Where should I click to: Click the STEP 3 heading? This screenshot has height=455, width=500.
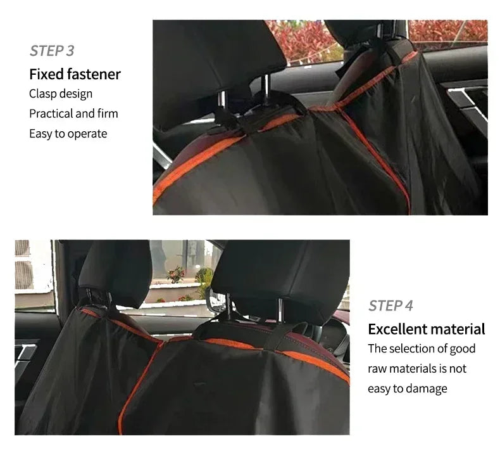tap(52, 51)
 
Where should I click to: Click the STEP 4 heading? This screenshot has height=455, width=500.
tap(391, 306)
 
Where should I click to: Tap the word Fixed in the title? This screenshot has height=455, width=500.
tap(47, 74)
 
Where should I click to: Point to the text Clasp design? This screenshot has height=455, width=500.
tap(61, 94)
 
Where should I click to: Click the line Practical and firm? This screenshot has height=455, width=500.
tap(73, 113)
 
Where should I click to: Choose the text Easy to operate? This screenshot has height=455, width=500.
tap(68, 134)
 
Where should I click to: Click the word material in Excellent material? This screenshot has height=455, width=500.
tap(457, 329)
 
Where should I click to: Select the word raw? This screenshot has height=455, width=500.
tap(378, 369)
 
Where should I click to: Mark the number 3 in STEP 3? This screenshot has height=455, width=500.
tap(70, 51)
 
